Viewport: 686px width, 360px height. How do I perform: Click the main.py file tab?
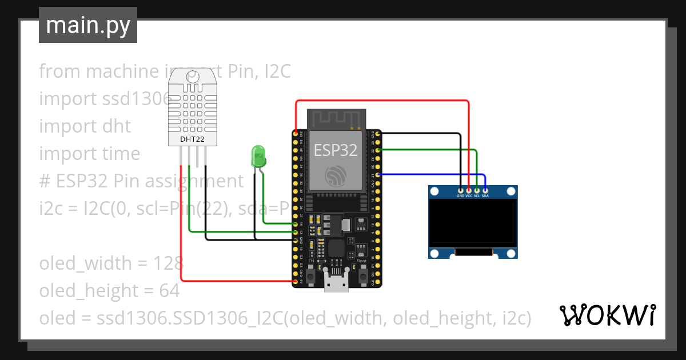point(87,25)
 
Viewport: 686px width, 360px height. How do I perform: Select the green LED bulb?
point(258,156)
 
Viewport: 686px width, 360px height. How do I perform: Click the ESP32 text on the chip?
point(335,150)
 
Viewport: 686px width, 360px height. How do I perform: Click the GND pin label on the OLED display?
point(460,195)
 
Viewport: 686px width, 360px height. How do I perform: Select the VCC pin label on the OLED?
point(469,195)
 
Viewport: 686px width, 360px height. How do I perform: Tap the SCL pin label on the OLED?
point(477,195)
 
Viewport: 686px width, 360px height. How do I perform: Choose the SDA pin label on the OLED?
point(485,195)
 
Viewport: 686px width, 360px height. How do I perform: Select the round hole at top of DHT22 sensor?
point(193,76)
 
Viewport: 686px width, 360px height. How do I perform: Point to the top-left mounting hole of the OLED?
point(434,191)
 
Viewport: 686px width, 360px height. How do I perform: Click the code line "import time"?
point(90,154)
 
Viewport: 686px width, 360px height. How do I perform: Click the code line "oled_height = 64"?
point(109,291)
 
